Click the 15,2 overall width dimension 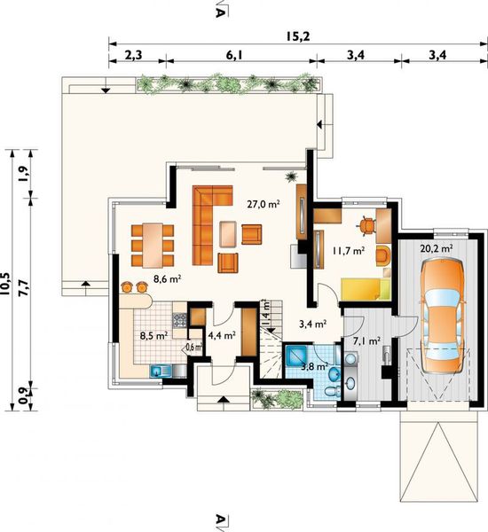click(x=297, y=36)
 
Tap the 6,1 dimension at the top click(x=234, y=55)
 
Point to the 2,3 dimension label click(x=133, y=55)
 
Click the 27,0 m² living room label click(x=264, y=204)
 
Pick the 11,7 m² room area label click(x=349, y=251)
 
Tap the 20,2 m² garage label click(x=437, y=248)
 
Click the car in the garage click(x=442, y=317)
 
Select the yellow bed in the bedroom click(x=366, y=289)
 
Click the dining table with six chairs click(x=153, y=245)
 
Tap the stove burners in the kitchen click(x=179, y=320)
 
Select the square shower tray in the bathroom click(x=296, y=355)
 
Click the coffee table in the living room click(x=228, y=234)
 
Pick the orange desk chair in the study click(x=366, y=225)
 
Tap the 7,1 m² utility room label click(x=366, y=340)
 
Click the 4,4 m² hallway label click(x=222, y=335)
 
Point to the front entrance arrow click(x=223, y=399)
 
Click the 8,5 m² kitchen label click(x=154, y=336)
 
